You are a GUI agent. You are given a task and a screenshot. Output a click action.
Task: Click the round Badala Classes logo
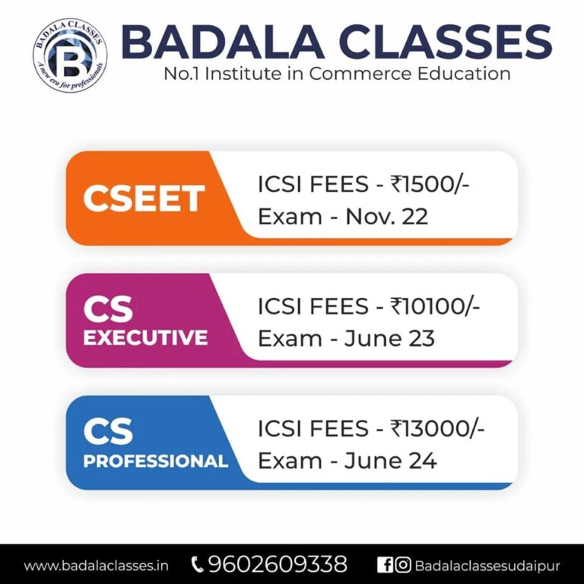(x=69, y=54)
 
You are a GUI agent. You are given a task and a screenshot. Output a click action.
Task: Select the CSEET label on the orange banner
(x=143, y=199)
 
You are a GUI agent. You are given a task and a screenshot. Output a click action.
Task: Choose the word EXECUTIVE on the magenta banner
(x=145, y=338)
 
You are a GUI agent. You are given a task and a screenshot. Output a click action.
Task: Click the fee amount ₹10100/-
(x=436, y=306)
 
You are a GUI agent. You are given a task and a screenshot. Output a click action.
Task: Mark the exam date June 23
(x=389, y=338)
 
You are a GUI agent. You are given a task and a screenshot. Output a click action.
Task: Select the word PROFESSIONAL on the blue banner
(x=155, y=462)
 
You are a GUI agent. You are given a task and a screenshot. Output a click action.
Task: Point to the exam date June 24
(x=390, y=461)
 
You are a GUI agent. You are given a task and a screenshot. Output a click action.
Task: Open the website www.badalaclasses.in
(x=97, y=566)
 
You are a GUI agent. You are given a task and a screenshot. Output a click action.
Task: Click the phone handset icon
(x=198, y=565)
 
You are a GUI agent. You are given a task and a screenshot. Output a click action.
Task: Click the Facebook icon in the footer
(x=385, y=565)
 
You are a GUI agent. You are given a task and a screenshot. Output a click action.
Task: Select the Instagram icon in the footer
(x=403, y=565)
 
